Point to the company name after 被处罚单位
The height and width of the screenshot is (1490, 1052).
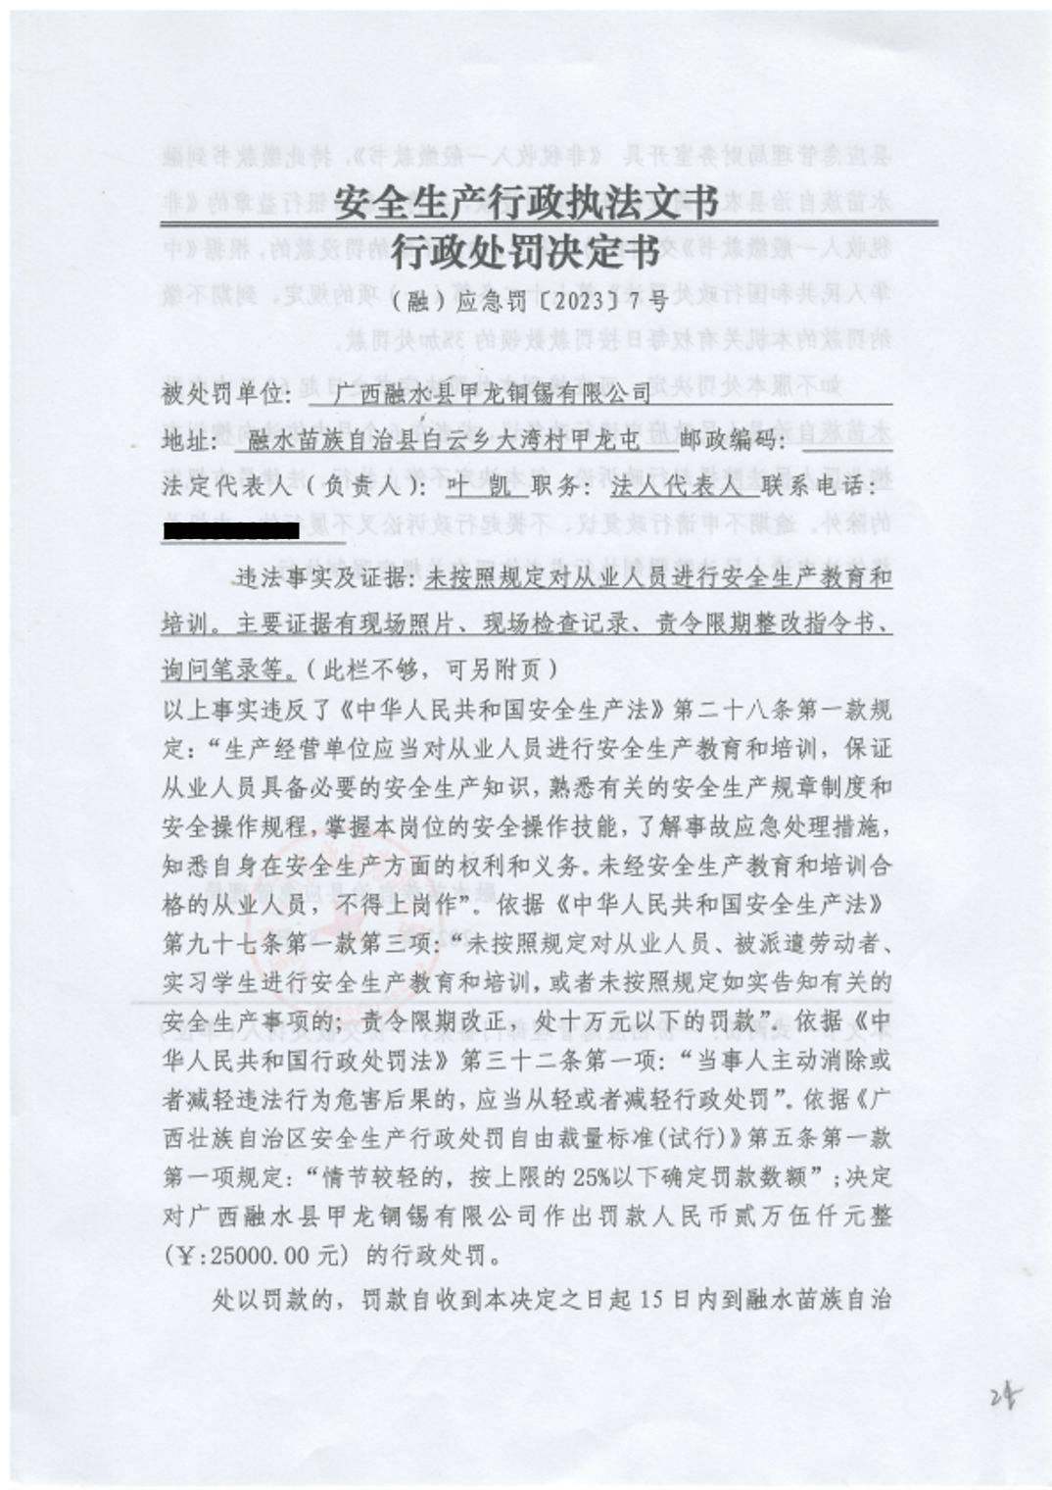click(491, 393)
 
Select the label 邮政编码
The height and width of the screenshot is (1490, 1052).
click(730, 440)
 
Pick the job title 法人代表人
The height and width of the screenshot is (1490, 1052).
click(676, 487)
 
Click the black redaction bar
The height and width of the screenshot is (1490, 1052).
click(231, 531)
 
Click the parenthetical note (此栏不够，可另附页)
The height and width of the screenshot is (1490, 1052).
click(431, 670)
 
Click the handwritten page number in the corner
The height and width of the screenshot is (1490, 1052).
click(1002, 1396)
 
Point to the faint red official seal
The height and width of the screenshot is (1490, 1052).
click(323, 941)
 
